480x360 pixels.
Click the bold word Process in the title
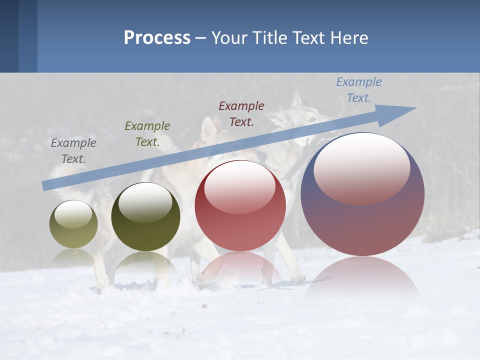coord(157,38)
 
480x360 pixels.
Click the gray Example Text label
coord(73,151)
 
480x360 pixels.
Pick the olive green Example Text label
coord(147,134)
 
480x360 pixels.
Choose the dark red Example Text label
coord(241,113)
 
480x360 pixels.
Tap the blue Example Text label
coord(359,90)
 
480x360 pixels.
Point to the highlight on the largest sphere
coord(362,169)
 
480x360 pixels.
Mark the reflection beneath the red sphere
coord(240,267)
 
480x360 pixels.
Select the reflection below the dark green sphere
coord(145,265)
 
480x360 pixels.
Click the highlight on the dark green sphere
coord(145,202)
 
